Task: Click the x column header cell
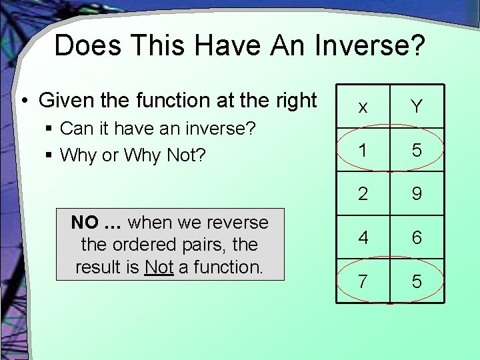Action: (362, 107)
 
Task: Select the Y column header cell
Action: (417, 107)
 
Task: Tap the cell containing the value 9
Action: (417, 194)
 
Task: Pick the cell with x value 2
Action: (362, 194)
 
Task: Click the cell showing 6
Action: (417, 237)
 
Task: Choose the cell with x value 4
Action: (362, 237)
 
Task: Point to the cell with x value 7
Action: (362, 281)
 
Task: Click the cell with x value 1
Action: (362, 151)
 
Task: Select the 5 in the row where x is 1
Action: (417, 151)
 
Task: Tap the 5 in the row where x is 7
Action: (417, 281)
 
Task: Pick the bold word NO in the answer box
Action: (85, 222)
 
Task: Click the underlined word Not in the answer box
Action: (159, 267)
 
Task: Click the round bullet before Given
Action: (24, 101)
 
